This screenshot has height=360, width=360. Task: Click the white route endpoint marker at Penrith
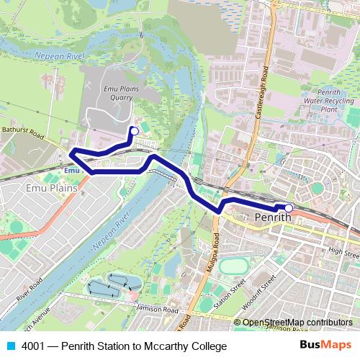pos(288,209)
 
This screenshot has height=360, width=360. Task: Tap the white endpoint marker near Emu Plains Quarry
pos(133,130)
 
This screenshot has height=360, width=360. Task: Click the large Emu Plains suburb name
pos(31,188)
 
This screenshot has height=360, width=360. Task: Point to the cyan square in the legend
pos(10,346)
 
